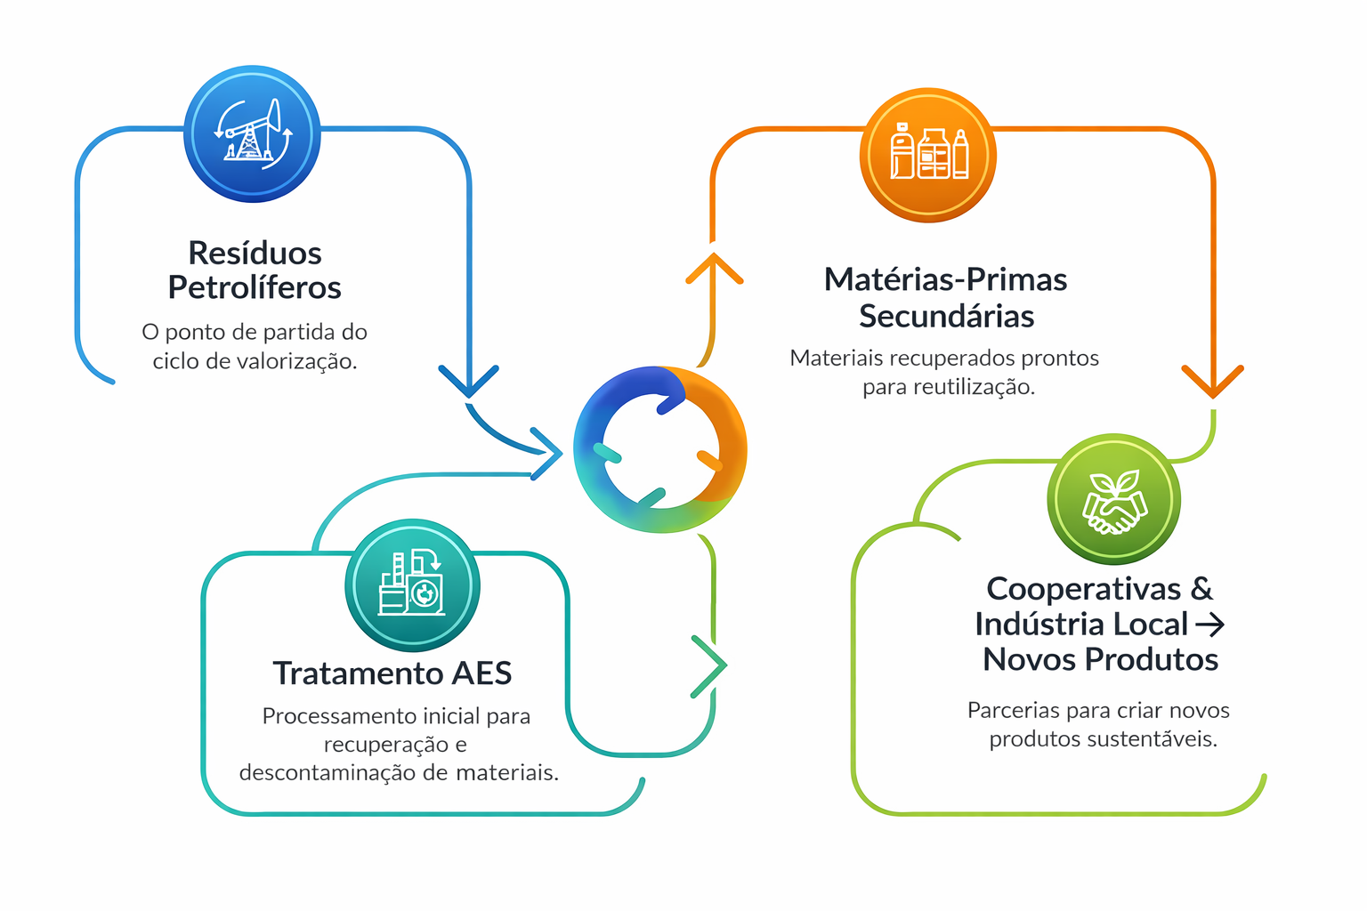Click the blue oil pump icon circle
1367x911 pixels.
pos(252,134)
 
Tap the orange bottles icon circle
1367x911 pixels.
pos(928,155)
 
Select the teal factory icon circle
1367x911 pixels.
pos(412,585)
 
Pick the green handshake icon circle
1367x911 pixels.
pos(1113,499)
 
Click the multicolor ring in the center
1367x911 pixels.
pos(660,450)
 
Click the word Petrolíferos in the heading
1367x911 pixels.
pos(255,288)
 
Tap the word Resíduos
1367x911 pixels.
pos(255,254)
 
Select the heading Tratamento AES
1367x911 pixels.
pos(392,673)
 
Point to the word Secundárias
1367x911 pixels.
pos(946,316)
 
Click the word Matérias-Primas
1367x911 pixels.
pos(945,279)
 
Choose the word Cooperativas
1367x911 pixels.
pos(1083,589)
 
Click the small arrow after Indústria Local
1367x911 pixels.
pos(1209,625)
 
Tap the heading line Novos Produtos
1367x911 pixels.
pos(1100,659)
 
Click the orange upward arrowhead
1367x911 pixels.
pos(714,267)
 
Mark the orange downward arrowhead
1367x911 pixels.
pos(1212,382)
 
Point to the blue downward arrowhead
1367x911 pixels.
pos(469,381)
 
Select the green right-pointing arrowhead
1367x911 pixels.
pos(710,665)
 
